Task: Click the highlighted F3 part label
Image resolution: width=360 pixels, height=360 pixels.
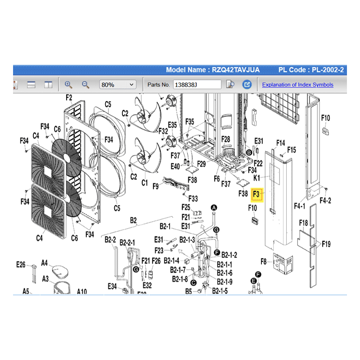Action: pos(256,194)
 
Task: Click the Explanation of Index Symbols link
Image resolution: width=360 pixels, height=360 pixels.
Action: pos(297,85)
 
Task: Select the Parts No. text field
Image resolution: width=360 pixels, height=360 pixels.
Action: pos(197,85)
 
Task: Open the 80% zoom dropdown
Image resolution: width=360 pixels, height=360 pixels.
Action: pos(118,85)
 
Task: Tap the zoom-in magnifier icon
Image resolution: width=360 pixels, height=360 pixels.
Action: pos(68,85)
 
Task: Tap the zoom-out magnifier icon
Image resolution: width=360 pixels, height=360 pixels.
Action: pos(85,85)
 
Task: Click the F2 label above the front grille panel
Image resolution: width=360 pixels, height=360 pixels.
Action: pos(69,98)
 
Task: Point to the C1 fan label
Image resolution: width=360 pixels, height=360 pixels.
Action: pos(145,183)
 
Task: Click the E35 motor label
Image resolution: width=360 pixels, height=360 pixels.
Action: pos(173,125)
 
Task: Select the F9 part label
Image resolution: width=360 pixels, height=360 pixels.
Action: pos(156,185)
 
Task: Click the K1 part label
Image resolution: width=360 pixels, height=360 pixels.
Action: pos(257,179)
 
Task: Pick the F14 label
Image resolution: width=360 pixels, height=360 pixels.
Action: pos(280,143)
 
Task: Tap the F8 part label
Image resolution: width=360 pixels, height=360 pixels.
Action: pos(264,261)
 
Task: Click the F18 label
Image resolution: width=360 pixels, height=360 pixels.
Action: pos(303,223)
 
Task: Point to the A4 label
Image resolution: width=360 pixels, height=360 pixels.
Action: pos(45,262)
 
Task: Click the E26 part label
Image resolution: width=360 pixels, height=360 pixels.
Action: pos(21,265)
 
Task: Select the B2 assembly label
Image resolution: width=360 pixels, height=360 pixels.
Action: pos(133,220)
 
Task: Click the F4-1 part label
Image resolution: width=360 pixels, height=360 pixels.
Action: pos(300,207)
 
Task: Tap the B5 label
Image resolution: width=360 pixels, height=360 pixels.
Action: pos(189,291)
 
